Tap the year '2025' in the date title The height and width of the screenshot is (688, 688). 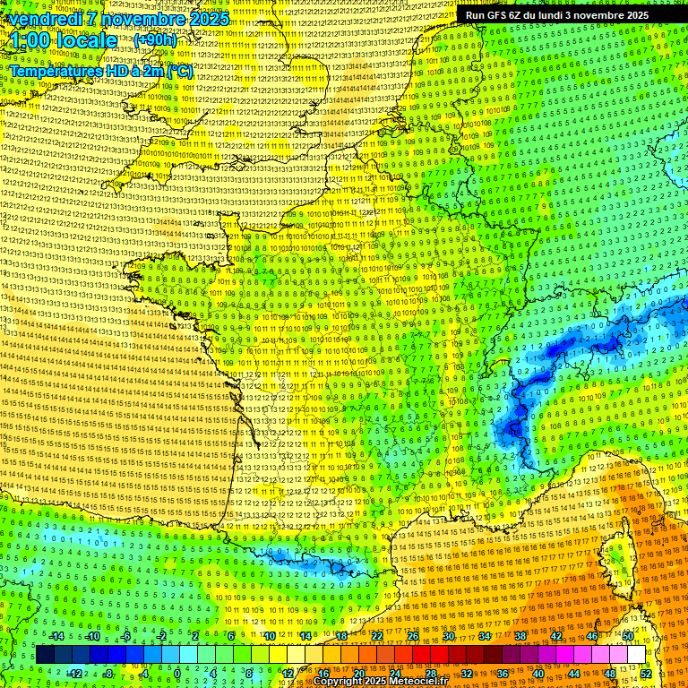[208, 19]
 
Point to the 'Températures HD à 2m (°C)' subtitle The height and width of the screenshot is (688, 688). [101, 70]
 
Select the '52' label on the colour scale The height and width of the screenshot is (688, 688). [646, 673]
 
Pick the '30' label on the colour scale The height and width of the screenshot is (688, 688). [449, 636]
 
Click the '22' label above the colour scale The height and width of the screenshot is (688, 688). [377, 636]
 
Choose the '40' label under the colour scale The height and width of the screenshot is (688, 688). [538, 673]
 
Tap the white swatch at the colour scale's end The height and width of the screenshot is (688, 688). [636, 655]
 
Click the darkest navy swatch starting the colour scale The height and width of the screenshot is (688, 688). [45, 655]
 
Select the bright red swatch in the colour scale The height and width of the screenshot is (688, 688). [421, 655]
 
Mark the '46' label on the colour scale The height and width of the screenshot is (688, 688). [592, 636]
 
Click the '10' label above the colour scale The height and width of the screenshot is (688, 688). [270, 636]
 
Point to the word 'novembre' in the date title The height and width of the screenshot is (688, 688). [138, 19]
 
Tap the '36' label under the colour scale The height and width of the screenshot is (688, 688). [503, 673]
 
